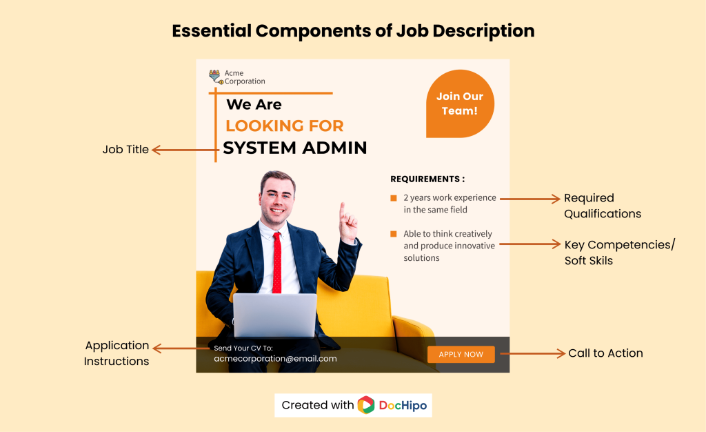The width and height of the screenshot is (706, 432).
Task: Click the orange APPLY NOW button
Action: [x=461, y=355]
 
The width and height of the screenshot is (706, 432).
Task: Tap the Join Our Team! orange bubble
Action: [x=460, y=104]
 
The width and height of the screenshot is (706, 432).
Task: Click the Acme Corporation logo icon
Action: [x=215, y=77]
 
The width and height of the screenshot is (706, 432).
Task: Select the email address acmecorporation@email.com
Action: [x=275, y=359]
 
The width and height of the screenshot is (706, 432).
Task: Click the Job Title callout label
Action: [x=125, y=150]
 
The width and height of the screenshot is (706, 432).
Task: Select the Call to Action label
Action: [x=605, y=353]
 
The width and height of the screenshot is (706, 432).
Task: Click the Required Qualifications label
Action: [x=602, y=206]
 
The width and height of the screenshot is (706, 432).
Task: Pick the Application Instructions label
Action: [x=117, y=353]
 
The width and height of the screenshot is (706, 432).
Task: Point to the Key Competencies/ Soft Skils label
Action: [x=619, y=253]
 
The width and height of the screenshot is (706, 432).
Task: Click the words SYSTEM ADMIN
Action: [x=294, y=148]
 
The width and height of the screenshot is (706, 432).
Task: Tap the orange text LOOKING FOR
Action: [x=284, y=126]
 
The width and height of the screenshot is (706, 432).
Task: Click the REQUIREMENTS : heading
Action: [x=427, y=179]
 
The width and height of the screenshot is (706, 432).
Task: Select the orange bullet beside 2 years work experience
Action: [x=394, y=198]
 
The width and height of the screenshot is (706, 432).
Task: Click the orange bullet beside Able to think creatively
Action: [x=394, y=234]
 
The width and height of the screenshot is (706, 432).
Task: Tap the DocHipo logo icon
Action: [x=366, y=405]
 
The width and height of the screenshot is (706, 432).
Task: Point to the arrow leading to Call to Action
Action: [x=532, y=354]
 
